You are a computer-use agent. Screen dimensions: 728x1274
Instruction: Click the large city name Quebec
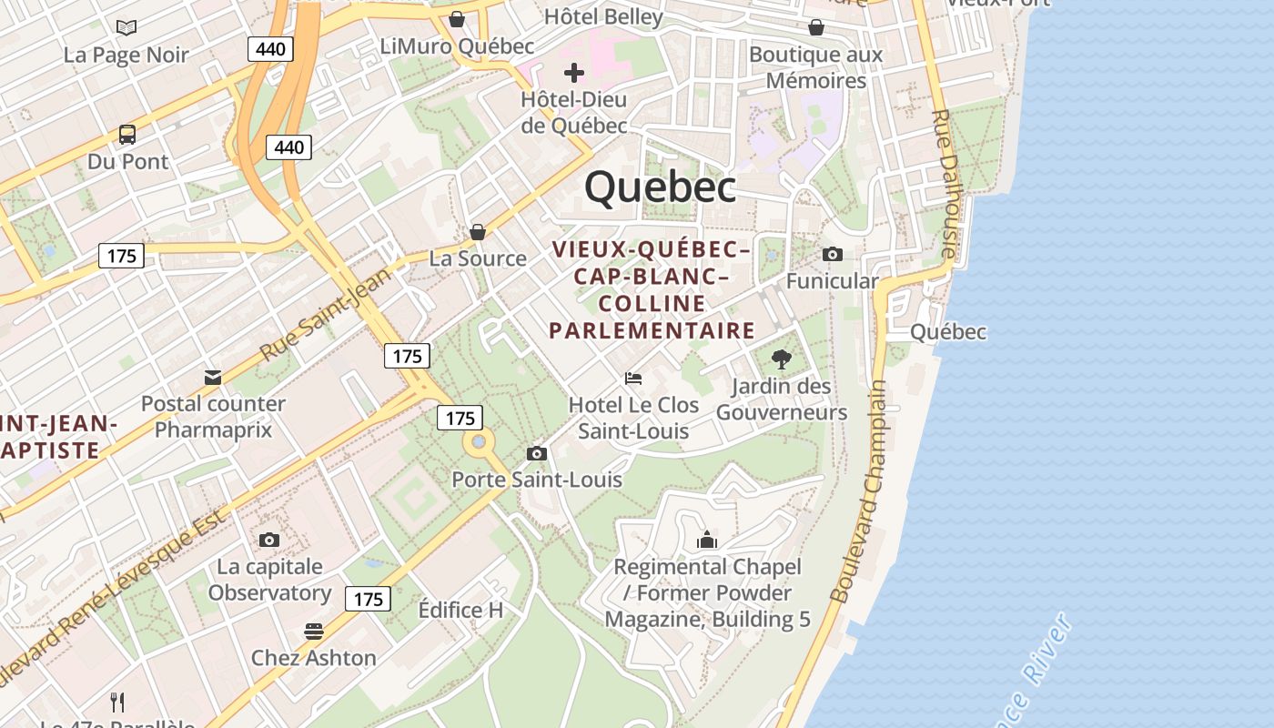click(x=660, y=187)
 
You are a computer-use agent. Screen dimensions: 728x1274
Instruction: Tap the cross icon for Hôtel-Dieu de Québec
click(x=574, y=72)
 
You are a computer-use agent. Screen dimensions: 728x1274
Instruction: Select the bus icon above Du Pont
click(x=127, y=135)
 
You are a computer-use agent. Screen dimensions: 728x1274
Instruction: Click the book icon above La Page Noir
click(x=126, y=27)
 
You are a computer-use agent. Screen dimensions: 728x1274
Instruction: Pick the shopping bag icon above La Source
click(x=477, y=232)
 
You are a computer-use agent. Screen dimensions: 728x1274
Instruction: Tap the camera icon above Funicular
click(x=832, y=254)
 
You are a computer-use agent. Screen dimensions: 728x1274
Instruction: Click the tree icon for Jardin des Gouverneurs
click(x=781, y=359)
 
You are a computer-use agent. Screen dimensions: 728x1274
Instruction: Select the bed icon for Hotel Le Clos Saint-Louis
click(x=633, y=378)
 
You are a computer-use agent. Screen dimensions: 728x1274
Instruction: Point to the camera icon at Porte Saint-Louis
click(x=537, y=453)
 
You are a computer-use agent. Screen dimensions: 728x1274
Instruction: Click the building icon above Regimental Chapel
click(x=707, y=541)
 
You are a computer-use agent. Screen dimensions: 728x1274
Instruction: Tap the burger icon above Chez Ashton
click(x=314, y=631)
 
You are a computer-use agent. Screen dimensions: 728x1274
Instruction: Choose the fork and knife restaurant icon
click(x=117, y=702)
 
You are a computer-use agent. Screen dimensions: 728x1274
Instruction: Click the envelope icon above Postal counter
click(x=213, y=377)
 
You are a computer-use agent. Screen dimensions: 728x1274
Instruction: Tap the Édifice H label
click(x=460, y=610)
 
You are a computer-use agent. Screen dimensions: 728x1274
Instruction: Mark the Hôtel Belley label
click(x=603, y=16)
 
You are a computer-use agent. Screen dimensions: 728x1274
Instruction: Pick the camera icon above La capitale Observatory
click(x=268, y=540)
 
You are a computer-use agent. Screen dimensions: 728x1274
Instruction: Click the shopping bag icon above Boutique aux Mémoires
click(x=816, y=27)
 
